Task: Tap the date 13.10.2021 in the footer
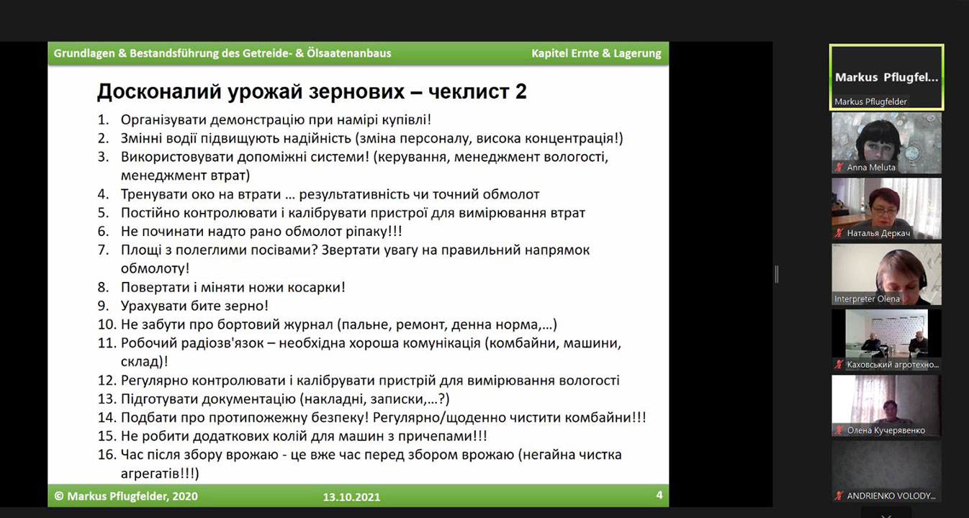pyautogui.click(x=351, y=497)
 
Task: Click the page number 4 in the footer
pyautogui.click(x=659, y=495)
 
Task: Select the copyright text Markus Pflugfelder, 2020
pyautogui.click(x=132, y=496)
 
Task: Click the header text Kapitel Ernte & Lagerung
pyautogui.click(x=596, y=53)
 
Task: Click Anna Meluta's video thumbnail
pyautogui.click(x=886, y=143)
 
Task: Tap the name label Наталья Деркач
pyautogui.click(x=878, y=233)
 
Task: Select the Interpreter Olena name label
pyautogui.click(x=867, y=299)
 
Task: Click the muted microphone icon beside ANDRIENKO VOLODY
pyautogui.click(x=839, y=496)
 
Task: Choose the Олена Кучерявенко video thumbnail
pyautogui.click(x=886, y=406)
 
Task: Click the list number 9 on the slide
pyautogui.click(x=104, y=306)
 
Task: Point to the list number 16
pyautogui.click(x=107, y=455)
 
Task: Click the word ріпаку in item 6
pyautogui.click(x=366, y=232)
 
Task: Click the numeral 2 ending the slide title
pyautogui.click(x=520, y=91)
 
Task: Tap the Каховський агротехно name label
pyautogui.click(x=893, y=365)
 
